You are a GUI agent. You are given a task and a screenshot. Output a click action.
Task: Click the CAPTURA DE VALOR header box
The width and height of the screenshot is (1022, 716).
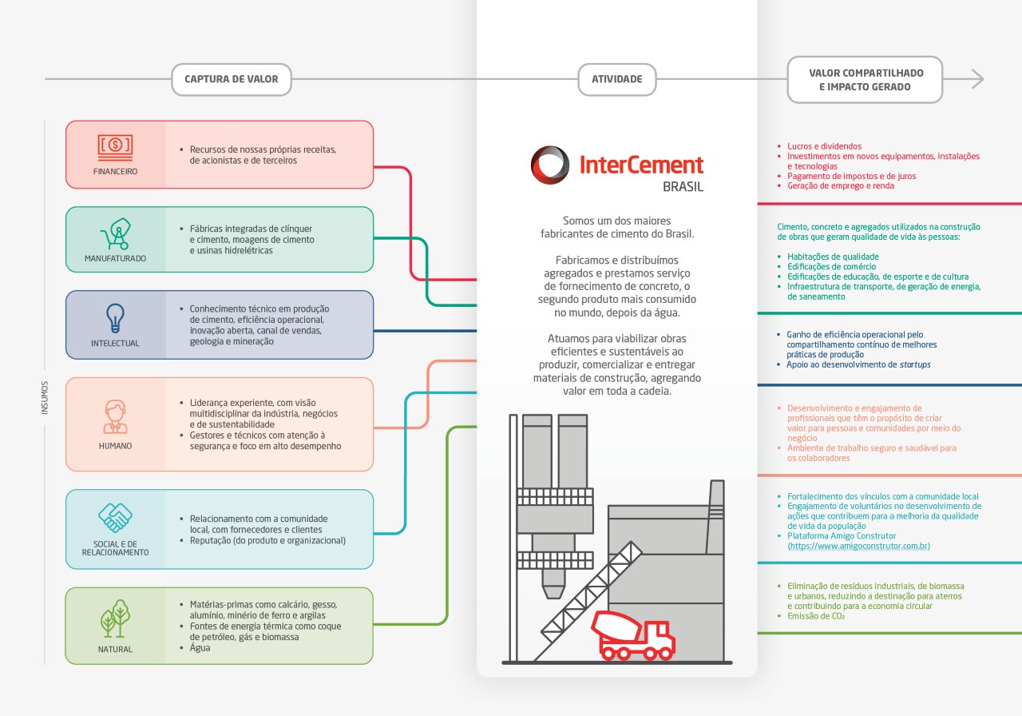231,80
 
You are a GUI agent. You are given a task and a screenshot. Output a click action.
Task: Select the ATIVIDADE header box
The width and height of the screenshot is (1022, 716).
616,80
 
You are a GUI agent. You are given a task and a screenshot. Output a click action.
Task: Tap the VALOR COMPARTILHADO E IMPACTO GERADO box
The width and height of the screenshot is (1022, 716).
865,80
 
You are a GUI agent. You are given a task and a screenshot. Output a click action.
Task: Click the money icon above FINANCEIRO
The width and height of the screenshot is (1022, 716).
115,145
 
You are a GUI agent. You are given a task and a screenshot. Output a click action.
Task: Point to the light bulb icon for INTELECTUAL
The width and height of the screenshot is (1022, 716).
115,317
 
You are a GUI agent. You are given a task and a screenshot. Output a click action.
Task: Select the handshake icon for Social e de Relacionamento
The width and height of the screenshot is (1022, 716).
115,518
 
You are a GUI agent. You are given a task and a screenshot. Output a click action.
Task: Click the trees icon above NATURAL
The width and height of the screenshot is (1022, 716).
115,619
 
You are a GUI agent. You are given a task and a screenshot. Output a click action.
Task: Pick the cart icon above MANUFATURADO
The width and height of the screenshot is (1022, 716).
115,233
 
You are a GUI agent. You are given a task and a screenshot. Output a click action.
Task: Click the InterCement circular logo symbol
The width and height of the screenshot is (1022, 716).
550,165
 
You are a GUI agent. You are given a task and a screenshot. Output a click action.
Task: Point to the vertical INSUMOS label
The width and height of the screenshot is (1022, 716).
45,397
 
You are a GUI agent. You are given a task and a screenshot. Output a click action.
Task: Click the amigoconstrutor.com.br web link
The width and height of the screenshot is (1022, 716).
858,546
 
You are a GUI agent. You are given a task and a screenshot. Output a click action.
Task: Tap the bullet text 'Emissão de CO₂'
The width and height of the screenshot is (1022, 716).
815,616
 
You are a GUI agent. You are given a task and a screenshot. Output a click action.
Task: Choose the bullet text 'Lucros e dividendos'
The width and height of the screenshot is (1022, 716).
824,147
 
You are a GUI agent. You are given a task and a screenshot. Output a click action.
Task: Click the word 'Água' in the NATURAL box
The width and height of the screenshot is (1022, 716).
200,648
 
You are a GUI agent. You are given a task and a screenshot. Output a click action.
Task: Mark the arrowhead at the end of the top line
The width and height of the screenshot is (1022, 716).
978,79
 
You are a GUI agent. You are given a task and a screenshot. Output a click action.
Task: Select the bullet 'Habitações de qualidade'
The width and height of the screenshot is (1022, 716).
833,257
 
